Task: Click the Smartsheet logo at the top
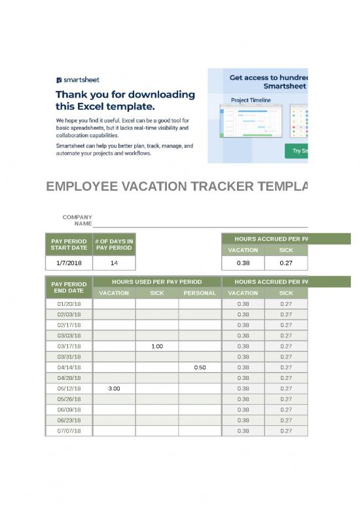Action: tap(78, 80)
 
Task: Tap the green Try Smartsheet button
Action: tap(297, 151)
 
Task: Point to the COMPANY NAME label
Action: tap(77, 221)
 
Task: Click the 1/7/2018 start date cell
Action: tap(69, 263)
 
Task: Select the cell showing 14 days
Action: tap(114, 263)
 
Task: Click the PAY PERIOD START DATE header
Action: tap(69, 244)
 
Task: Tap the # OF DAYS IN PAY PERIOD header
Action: tap(114, 244)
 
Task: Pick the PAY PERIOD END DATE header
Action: tap(69, 287)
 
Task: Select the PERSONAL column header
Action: tap(200, 293)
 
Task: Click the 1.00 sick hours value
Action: tap(157, 346)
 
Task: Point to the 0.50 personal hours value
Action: tap(200, 368)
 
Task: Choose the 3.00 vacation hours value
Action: tap(114, 388)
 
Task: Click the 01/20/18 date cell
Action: tap(69, 304)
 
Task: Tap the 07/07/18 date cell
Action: tap(69, 431)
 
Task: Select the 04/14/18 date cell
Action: tap(69, 368)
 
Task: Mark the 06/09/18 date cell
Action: tap(69, 409)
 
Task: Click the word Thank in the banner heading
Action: tap(73, 94)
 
